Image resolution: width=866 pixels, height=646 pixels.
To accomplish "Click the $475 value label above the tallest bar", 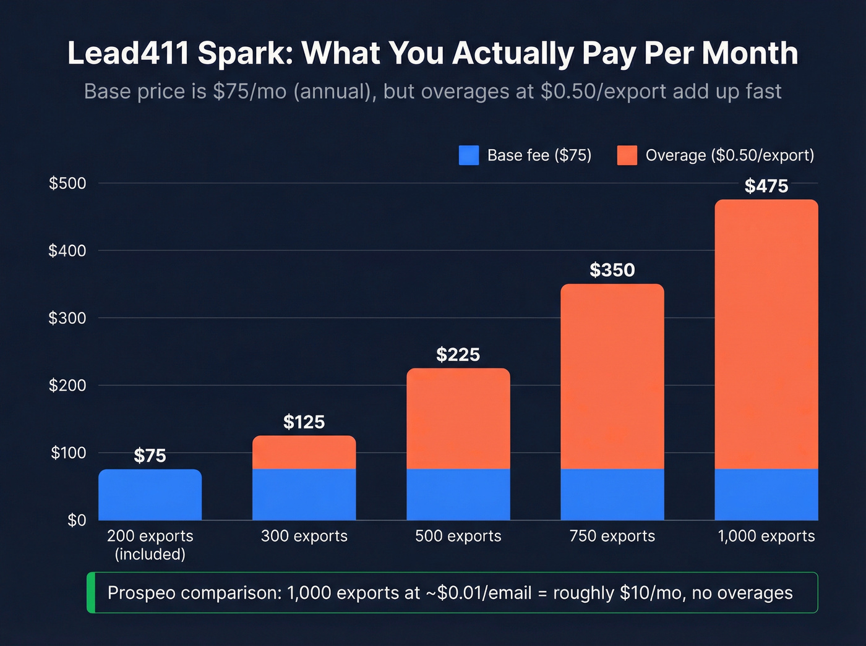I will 766,186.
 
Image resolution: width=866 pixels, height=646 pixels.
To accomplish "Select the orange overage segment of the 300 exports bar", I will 304,453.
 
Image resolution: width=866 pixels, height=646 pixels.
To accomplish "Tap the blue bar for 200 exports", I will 150,495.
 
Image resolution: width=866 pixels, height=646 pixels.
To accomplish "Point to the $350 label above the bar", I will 612,270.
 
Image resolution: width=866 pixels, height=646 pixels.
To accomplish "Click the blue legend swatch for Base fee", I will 469,155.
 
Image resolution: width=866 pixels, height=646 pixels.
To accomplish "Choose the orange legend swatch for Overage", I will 627,155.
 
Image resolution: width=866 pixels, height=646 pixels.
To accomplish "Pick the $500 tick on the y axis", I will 67,184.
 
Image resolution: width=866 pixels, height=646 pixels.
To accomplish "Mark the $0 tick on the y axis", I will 77,521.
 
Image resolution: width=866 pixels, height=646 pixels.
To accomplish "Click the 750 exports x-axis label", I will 612,536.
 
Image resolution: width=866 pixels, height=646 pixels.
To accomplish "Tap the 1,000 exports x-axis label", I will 766,536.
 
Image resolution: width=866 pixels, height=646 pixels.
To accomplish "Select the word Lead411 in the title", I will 128,53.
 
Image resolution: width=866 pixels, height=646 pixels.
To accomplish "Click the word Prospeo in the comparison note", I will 141,593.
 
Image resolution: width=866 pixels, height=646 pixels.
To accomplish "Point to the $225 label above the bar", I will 458,355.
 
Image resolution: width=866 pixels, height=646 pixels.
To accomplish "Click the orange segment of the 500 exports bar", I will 458,419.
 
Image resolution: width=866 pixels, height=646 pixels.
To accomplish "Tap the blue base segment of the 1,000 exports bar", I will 766,495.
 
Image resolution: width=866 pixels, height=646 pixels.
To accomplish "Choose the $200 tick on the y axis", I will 67,386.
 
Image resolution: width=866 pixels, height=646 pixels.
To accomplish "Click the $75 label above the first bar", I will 150,456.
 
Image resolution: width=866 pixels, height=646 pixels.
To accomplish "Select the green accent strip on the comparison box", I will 91,593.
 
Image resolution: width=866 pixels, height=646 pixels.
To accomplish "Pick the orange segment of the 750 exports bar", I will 612,376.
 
